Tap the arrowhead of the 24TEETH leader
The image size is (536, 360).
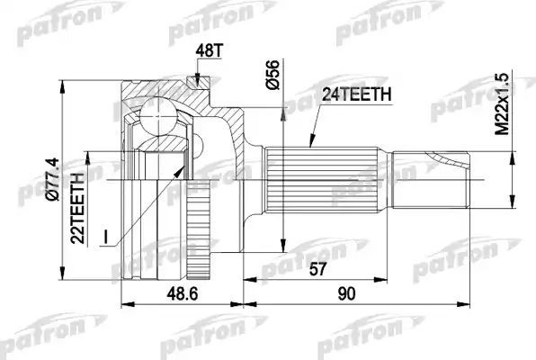pos(310,143)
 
